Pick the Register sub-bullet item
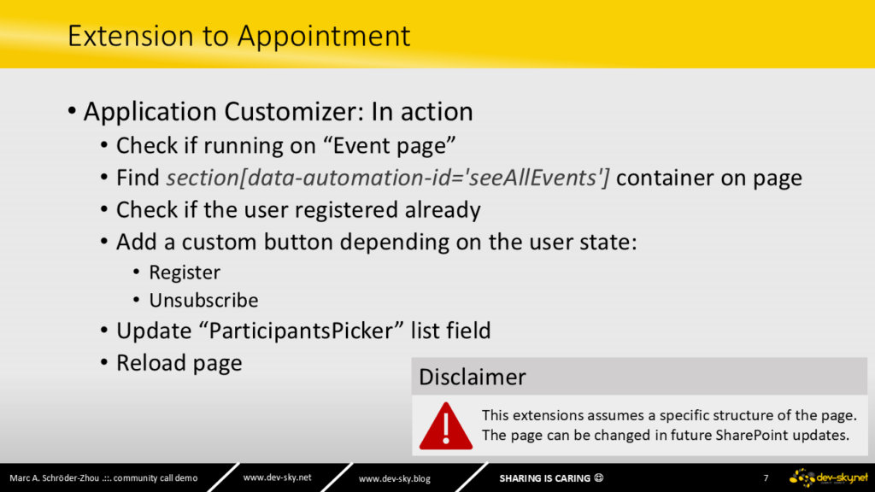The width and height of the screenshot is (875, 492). tap(185, 272)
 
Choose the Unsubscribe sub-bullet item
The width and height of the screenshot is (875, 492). tap(203, 300)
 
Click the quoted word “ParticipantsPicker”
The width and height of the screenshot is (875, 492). tap(306, 331)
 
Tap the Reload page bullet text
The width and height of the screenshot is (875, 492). tap(179, 363)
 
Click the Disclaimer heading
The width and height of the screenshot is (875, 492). tap(472, 377)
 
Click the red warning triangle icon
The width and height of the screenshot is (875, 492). tap(446, 426)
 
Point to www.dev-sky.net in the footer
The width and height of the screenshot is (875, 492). tap(278, 477)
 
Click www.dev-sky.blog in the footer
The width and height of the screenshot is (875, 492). tap(395, 478)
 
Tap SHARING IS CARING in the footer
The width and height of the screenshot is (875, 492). tap(544, 478)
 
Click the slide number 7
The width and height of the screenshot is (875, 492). tap(766, 478)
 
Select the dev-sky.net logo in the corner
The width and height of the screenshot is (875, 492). tap(829, 478)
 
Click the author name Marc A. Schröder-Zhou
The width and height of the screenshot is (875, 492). tap(55, 478)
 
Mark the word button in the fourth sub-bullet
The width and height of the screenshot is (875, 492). tap(298, 242)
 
